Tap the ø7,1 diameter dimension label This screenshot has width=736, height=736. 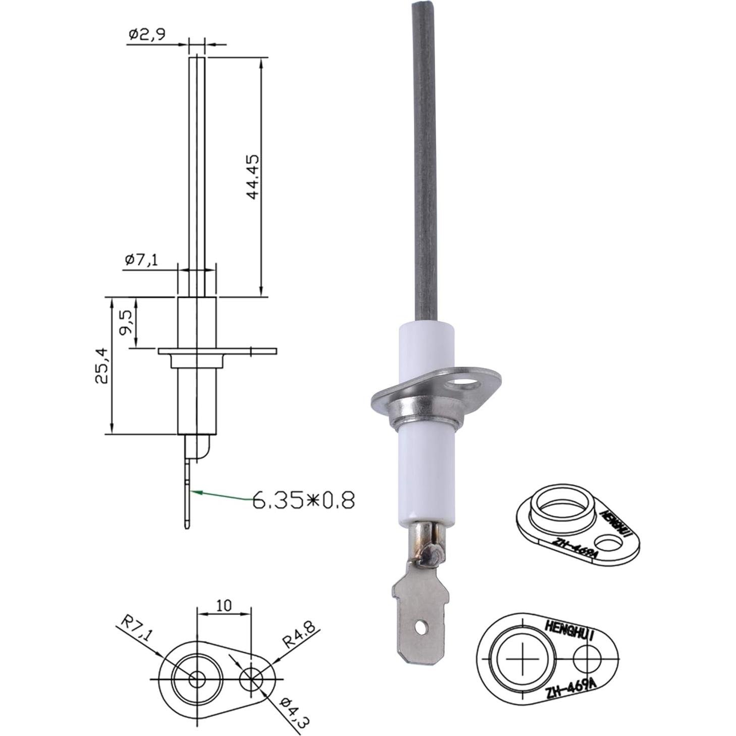coord(141,260)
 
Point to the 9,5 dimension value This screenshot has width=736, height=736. coord(126,322)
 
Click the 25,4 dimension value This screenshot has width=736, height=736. coord(101,365)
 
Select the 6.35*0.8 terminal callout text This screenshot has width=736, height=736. coord(303,500)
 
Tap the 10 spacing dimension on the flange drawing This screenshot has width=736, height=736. coord(224,605)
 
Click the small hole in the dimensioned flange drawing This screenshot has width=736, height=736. coord(252,679)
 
